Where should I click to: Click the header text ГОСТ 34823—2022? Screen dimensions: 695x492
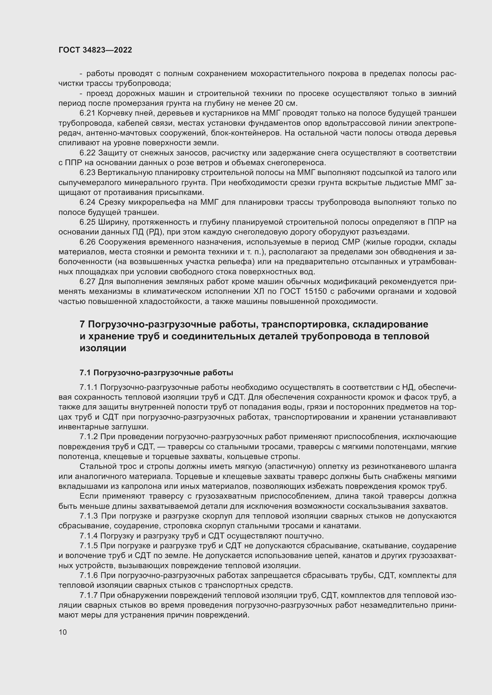pos(95,50)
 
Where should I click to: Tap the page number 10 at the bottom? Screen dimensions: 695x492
pos(63,632)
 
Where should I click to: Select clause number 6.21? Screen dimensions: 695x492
pos(87,113)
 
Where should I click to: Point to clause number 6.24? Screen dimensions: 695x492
pos(87,202)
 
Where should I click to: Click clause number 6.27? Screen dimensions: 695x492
pos(87,281)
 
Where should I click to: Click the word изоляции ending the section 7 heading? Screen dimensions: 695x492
pos(103,348)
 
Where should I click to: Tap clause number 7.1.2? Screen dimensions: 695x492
pos(88,437)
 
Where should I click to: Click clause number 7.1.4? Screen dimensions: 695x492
pos(88,536)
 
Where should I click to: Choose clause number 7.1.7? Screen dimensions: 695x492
pos(88,595)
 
